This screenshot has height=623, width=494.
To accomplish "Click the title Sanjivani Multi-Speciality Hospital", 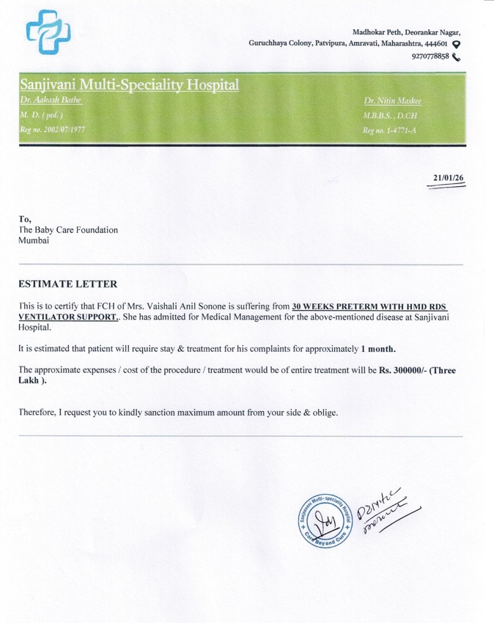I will click(x=130, y=85).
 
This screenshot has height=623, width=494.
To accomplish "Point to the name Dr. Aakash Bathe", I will click(x=50, y=100).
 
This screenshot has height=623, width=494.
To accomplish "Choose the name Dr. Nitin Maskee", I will click(x=393, y=100).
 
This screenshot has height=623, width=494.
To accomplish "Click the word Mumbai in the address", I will click(x=34, y=241).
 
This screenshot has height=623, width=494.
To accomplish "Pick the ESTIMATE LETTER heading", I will click(x=67, y=284).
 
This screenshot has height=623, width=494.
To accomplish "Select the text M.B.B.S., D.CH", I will click(x=390, y=115).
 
